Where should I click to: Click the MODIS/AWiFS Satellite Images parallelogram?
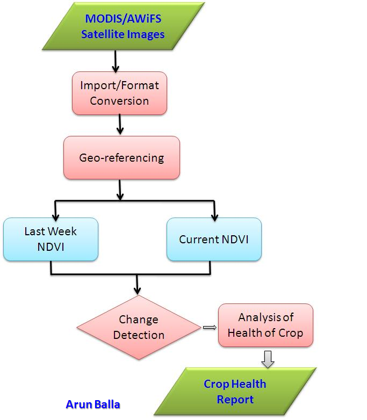pyautogui.click(x=123, y=26)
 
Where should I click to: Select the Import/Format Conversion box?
pyautogui.click(x=119, y=93)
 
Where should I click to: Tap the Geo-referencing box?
pyautogui.click(x=121, y=158)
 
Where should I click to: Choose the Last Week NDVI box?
pyautogui.click(x=51, y=239)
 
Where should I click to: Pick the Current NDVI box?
pyautogui.click(x=214, y=240)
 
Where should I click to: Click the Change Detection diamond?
pyautogui.click(x=139, y=327)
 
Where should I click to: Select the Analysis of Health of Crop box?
pyautogui.click(x=265, y=325)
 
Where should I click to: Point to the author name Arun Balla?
pyautogui.click(x=92, y=404)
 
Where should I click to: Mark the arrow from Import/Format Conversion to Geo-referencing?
pyautogui.click(x=120, y=125)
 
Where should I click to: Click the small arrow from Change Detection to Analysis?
pyautogui.click(x=208, y=327)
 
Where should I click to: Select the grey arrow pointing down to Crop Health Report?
pyautogui.click(x=267, y=358)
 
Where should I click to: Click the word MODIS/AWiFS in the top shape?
pyautogui.click(x=123, y=18)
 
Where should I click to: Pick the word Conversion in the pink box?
pyautogui.click(x=119, y=101)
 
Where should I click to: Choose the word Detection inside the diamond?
pyautogui.click(x=139, y=335)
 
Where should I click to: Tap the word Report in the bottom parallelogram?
pyautogui.click(x=235, y=400)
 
